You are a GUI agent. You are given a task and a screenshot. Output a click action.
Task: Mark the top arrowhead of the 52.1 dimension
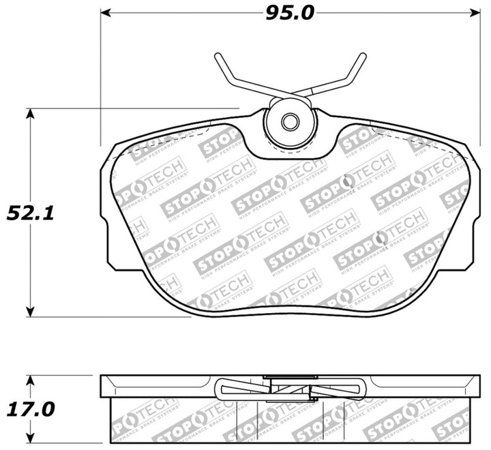tap(30, 113)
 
